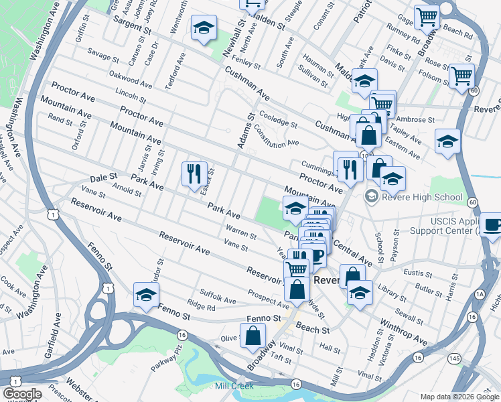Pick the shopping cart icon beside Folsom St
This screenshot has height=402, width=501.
coord(461,76)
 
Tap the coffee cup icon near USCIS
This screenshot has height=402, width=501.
coord(492,225)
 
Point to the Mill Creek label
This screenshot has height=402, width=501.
coord(231,385)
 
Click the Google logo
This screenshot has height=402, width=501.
coord(22,394)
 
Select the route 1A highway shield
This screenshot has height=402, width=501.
coord(479,293)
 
